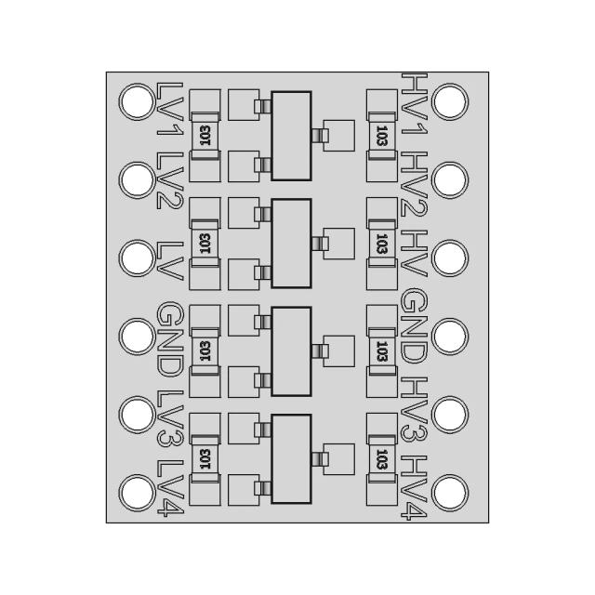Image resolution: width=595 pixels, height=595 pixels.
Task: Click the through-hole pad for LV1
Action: [136, 100]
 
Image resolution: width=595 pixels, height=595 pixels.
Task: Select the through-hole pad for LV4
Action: [136, 492]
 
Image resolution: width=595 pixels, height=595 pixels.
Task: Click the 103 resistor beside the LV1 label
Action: [205, 136]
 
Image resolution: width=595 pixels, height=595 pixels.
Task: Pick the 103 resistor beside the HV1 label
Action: [381, 136]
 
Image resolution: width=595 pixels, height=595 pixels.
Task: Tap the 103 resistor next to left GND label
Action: [205, 350]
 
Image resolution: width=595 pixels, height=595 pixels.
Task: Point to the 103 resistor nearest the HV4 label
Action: [381, 458]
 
